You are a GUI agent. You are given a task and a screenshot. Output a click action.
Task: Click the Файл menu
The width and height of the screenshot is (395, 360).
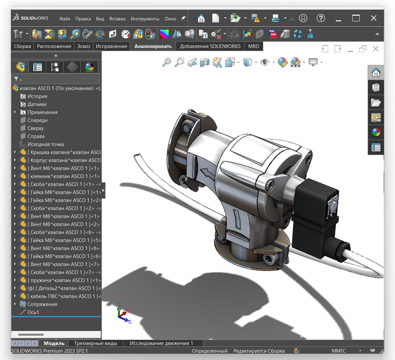[x=65, y=19]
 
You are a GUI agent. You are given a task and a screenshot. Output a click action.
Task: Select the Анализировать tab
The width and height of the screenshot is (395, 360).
[x=153, y=46]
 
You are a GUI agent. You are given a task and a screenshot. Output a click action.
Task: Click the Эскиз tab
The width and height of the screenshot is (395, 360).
[x=83, y=46]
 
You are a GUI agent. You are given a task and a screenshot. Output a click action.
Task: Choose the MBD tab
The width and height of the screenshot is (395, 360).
[x=253, y=46]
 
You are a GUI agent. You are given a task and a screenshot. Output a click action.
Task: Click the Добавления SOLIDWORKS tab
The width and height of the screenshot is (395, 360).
[x=211, y=46]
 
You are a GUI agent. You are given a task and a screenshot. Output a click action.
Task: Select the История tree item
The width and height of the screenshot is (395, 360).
[x=37, y=96]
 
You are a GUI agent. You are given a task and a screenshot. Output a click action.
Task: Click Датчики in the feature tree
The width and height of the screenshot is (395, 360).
[x=37, y=104]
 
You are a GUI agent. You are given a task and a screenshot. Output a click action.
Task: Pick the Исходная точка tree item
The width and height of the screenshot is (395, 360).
[x=46, y=144]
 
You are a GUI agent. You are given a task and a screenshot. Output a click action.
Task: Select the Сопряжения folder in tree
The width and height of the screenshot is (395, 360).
[x=42, y=304]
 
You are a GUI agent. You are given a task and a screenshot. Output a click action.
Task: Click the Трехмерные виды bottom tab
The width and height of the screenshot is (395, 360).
[x=96, y=343]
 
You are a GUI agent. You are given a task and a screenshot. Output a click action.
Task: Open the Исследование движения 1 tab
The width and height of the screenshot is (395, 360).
[x=161, y=343]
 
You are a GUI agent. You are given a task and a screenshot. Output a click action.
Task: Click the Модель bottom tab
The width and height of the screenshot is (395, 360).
[x=54, y=343]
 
